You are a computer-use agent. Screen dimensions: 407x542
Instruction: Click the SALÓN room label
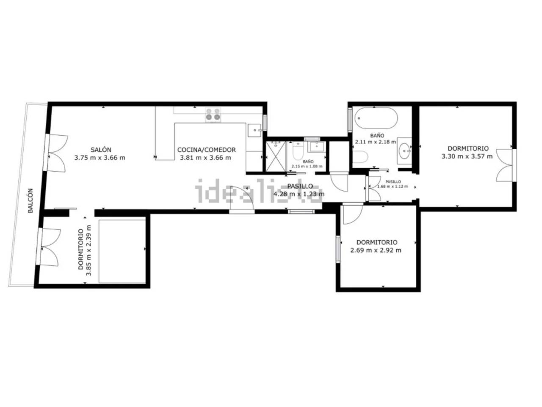click(x=101, y=150)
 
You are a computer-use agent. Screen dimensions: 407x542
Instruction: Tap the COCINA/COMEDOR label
click(x=206, y=150)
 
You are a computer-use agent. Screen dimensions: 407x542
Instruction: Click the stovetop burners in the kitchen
click(x=213, y=114)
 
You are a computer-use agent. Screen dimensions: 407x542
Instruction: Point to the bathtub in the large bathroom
click(x=376, y=118)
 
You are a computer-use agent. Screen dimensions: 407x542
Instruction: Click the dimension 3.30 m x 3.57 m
click(x=467, y=156)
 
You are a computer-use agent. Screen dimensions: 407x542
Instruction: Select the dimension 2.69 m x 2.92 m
click(x=376, y=250)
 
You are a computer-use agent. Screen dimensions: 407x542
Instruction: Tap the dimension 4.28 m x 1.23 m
click(x=299, y=194)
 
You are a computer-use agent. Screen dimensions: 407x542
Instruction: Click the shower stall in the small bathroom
click(x=276, y=156)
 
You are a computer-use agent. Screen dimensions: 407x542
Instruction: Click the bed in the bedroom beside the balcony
click(x=122, y=251)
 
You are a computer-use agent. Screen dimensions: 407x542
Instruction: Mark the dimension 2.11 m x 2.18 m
click(x=376, y=142)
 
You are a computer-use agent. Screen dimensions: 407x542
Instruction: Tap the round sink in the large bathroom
click(x=405, y=150)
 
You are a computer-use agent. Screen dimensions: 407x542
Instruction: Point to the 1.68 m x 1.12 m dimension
click(x=393, y=187)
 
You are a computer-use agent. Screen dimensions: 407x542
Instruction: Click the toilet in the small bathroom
click(x=298, y=151)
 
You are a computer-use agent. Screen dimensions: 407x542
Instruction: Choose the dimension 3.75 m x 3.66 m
click(x=100, y=158)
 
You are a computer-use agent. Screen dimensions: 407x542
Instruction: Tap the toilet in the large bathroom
click(x=361, y=157)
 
